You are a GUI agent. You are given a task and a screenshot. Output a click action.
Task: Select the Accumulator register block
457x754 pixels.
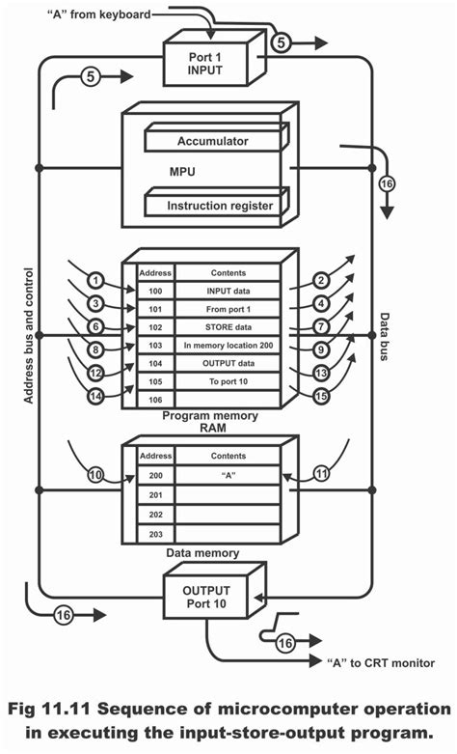coord(212,142)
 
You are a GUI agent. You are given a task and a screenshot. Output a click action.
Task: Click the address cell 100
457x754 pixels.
coord(154,291)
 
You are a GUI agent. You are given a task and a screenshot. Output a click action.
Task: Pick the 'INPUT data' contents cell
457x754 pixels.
coord(228,291)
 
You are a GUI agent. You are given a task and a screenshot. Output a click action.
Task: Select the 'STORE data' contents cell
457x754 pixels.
coord(228,326)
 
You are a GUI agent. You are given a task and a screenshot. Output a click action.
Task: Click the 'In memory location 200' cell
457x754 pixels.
coord(228,345)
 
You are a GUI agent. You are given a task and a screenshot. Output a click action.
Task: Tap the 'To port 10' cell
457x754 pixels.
coord(228,381)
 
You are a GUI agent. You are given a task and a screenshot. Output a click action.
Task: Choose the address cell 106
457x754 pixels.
coord(154,400)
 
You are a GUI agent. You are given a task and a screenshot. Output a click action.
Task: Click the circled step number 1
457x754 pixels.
coord(95,281)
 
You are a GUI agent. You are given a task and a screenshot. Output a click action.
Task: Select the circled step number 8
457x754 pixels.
coord(95,350)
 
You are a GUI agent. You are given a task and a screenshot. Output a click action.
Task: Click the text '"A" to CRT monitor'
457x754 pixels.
coord(377,662)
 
